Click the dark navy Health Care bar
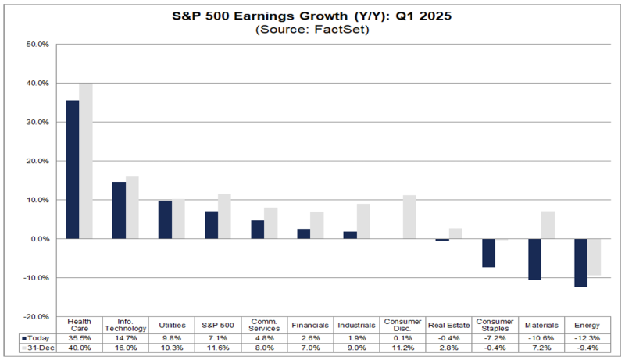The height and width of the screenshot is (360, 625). [73, 169]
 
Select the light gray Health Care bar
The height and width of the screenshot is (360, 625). [85, 161]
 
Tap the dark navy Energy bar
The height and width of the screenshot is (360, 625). [580, 263]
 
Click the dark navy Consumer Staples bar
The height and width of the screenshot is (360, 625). [488, 253]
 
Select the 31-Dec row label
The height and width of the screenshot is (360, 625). [36, 348]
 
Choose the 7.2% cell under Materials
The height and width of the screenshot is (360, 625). [540, 348]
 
